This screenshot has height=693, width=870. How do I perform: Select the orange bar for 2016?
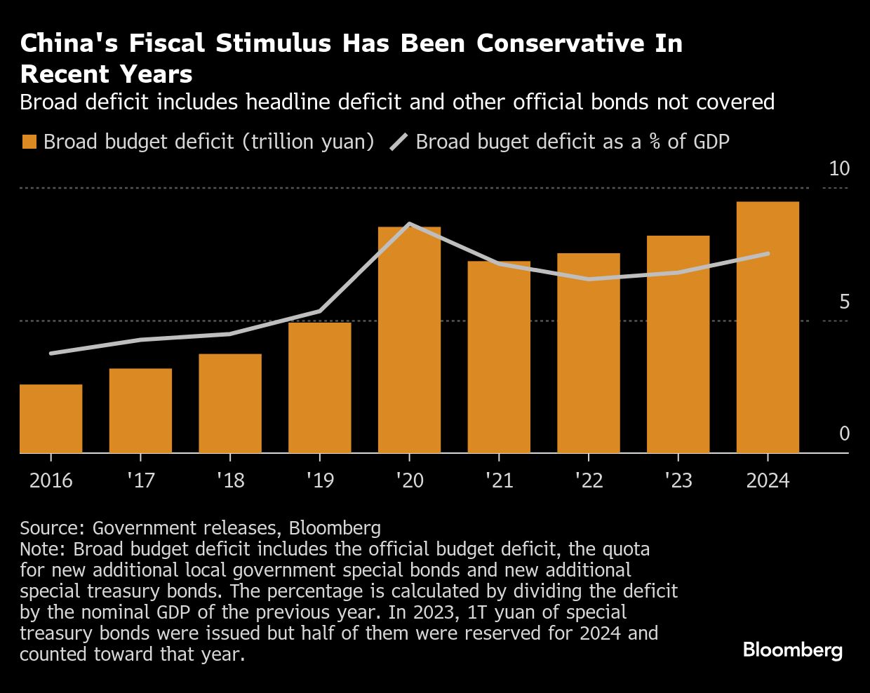coord(51,419)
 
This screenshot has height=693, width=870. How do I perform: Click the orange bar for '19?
coord(319,388)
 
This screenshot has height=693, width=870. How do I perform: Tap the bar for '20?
coord(409,340)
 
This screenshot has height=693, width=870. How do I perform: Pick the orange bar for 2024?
coord(768,328)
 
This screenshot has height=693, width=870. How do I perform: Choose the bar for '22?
coord(589,353)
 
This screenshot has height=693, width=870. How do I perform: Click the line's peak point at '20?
coord(409,224)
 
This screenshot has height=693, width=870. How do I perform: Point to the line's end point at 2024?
coord(768,253)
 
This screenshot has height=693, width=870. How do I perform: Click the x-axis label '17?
coord(140,480)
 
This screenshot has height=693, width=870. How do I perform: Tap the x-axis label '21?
coord(499,480)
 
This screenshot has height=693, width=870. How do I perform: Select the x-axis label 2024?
coord(768,480)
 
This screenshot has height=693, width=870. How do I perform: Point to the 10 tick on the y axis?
coord(839,169)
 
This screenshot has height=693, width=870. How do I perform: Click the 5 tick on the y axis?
coord(844,302)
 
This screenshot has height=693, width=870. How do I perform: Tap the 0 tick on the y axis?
coord(844,434)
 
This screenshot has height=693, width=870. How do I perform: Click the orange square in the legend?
coord(29,142)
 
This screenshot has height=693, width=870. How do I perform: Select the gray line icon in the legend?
coord(399,142)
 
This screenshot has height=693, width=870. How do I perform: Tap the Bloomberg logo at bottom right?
coord(792,650)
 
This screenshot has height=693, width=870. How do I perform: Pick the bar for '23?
coord(678,344)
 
